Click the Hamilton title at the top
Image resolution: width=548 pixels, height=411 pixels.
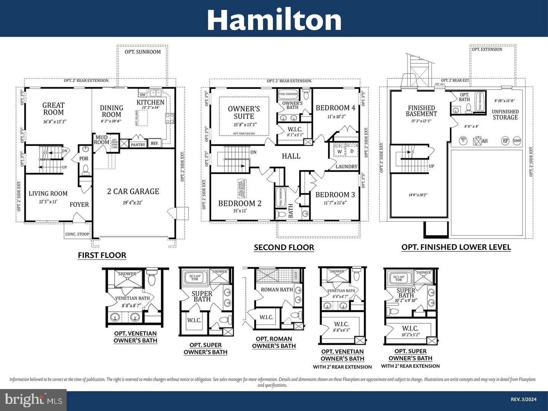pyautogui.click(x=274, y=20)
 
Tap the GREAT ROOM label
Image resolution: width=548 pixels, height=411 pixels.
pyautogui.click(x=54, y=109)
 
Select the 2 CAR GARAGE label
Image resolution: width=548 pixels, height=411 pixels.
pyautogui.click(x=133, y=191)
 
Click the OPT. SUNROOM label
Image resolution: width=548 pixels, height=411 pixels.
pyautogui.click(x=143, y=52)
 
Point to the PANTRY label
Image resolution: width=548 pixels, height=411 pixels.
pyautogui.click(x=138, y=145)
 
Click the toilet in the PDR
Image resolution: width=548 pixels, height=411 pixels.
pyautogui.click(x=86, y=169)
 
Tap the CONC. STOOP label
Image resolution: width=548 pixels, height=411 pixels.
pyautogui.click(x=77, y=234)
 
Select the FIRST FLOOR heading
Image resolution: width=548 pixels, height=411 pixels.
pyautogui.click(x=102, y=255)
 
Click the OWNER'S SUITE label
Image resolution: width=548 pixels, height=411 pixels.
pyautogui.click(x=244, y=112)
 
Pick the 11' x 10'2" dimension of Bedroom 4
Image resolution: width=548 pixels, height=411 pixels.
pyautogui.click(x=335, y=117)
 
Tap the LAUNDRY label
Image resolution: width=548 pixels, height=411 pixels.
pyautogui.click(x=346, y=166)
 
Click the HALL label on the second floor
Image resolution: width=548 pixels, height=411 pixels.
pyautogui.click(x=291, y=156)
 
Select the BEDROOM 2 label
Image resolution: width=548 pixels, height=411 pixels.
pyautogui.click(x=240, y=203)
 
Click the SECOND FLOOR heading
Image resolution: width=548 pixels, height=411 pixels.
pyautogui.click(x=284, y=248)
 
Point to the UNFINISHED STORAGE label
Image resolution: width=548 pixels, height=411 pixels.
pyautogui.click(x=505, y=115)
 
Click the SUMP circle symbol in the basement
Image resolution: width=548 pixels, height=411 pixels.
pyautogui.click(x=517, y=141)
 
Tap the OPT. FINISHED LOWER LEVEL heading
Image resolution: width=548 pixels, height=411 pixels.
pyautogui.click(x=456, y=247)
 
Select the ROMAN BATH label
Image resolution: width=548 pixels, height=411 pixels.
pyautogui.click(x=277, y=289)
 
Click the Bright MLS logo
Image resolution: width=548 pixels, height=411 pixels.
pyautogui.click(x=33, y=400)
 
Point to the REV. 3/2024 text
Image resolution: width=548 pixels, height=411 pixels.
pyautogui.click(x=523, y=399)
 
